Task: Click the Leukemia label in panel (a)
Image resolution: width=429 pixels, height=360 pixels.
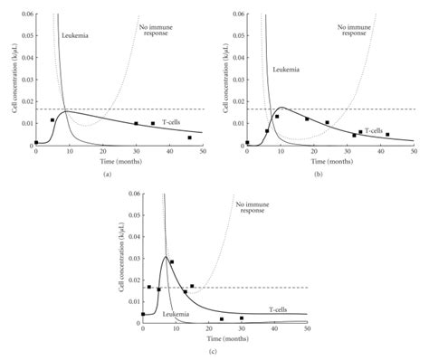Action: (x=76, y=35)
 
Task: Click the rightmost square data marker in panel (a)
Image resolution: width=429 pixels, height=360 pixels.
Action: (x=189, y=137)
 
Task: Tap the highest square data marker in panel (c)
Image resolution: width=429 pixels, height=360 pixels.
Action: (x=172, y=262)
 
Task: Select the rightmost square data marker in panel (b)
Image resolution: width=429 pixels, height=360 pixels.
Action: (x=387, y=135)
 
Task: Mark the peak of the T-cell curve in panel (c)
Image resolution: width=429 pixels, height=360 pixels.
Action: (x=166, y=257)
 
